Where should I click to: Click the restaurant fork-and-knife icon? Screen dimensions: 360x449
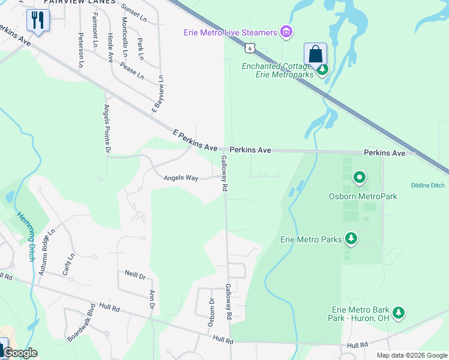tap(37, 20)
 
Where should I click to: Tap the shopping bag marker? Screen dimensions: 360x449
tap(315, 54)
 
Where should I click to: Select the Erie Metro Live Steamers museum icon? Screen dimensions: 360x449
tap(286, 32)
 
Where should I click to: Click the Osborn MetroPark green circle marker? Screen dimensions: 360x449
tap(360, 178)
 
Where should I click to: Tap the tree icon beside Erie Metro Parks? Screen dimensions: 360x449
tap(351, 239)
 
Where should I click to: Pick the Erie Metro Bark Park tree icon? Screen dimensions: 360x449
tap(398, 313)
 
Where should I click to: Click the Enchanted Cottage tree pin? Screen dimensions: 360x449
tap(323, 70)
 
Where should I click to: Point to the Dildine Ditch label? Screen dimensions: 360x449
tap(428, 185)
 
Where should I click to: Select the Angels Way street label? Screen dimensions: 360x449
tap(181, 178)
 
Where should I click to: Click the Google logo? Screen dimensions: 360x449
tap(19, 353)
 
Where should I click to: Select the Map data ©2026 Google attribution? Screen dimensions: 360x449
tap(411, 355)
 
